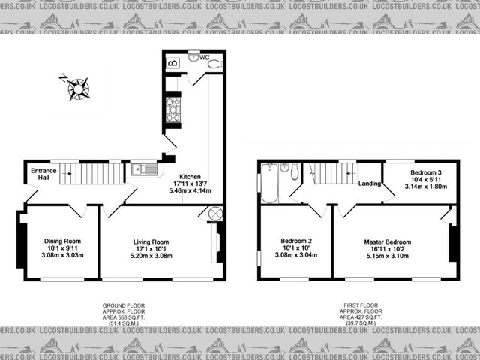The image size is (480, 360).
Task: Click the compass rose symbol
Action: [77, 88]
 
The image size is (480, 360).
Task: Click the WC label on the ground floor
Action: [204, 58]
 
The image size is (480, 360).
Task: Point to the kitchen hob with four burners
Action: [172, 109]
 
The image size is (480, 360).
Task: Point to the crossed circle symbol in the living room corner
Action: [215, 214]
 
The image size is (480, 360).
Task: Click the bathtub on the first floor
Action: [271, 182]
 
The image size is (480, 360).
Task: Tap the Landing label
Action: [370, 184]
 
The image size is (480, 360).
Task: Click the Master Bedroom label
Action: [388, 241]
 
